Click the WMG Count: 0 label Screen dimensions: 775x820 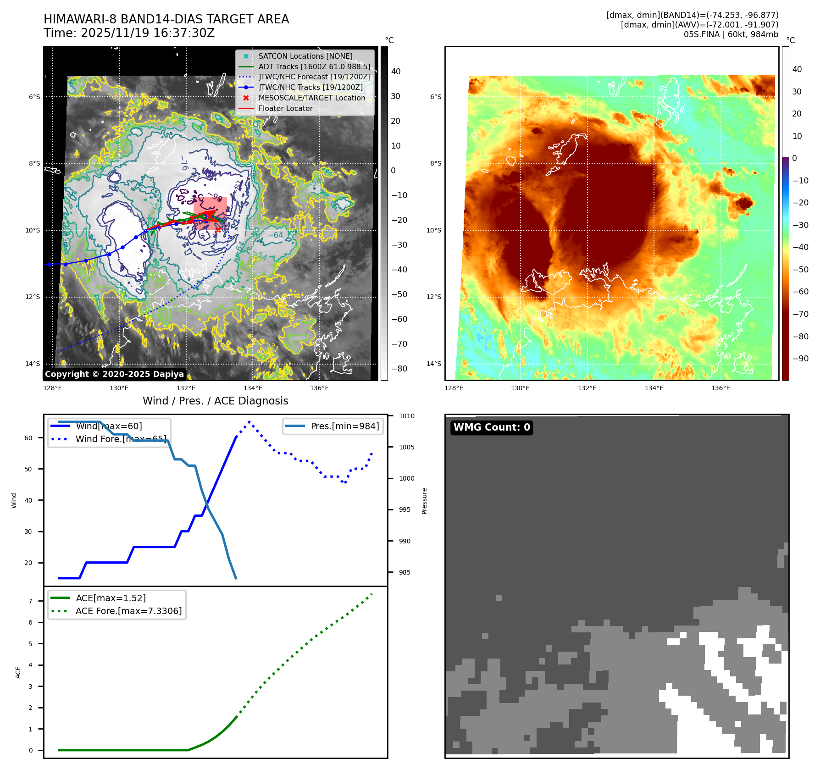click(x=492, y=427)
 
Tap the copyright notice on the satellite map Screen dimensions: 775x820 click(x=114, y=374)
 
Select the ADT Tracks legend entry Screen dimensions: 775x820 click(x=314, y=66)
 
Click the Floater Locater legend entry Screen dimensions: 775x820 click(x=285, y=109)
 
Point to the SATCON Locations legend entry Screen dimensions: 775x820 click(x=305, y=56)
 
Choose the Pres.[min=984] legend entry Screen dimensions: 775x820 click(x=344, y=426)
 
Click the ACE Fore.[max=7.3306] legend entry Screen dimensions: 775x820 click(x=128, y=611)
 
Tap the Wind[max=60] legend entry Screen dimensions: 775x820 click(x=109, y=426)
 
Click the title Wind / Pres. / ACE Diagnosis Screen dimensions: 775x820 click(x=216, y=401)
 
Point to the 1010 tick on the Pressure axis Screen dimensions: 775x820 click(x=406, y=416)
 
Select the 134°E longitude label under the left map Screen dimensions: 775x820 click(x=253, y=388)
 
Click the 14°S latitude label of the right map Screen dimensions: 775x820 click(x=434, y=364)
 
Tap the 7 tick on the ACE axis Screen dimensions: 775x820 click(x=31, y=601)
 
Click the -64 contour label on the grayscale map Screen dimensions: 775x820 click(x=275, y=235)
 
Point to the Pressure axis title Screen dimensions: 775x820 click(x=424, y=501)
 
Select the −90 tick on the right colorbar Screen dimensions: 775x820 click(x=800, y=359)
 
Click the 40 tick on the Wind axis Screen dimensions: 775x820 click(x=28, y=500)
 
